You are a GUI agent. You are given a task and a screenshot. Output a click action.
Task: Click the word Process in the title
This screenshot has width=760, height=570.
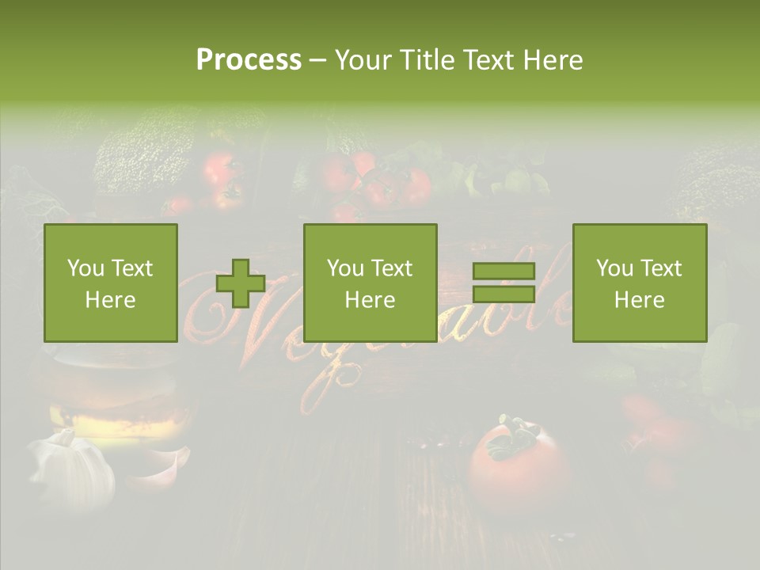point(249,60)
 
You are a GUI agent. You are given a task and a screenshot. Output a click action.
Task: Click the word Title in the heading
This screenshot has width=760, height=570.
point(424,60)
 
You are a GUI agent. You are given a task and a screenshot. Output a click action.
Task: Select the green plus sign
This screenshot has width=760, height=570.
point(241,283)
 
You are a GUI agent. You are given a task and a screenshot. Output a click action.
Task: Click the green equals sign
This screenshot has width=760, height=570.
point(503,283)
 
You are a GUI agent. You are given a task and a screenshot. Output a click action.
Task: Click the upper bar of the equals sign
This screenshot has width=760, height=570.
point(503,271)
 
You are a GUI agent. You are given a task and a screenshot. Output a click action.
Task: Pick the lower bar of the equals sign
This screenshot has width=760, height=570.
point(503,294)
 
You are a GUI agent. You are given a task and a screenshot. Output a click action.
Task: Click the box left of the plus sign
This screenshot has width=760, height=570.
point(110,283)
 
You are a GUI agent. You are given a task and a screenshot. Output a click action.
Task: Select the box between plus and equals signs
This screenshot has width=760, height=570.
point(370,283)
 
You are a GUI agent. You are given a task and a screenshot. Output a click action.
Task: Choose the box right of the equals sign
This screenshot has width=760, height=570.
point(639,283)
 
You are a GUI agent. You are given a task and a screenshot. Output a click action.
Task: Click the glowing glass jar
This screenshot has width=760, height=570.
point(111,396)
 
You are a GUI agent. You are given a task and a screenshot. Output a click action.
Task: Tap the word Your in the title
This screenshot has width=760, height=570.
point(363,60)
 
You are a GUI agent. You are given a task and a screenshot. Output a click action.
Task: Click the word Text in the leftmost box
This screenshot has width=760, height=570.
point(131,268)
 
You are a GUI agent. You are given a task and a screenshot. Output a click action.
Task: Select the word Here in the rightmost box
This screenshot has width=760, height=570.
point(639,299)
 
